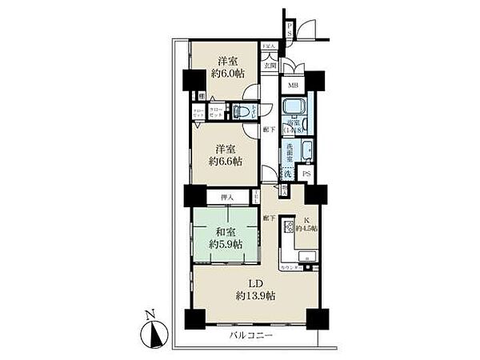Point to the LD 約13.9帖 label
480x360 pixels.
click(255, 290)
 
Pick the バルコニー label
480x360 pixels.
click(250, 335)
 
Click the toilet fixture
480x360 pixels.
click(241, 113)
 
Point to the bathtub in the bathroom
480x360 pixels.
click(293, 108)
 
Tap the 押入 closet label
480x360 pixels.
click(226, 196)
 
